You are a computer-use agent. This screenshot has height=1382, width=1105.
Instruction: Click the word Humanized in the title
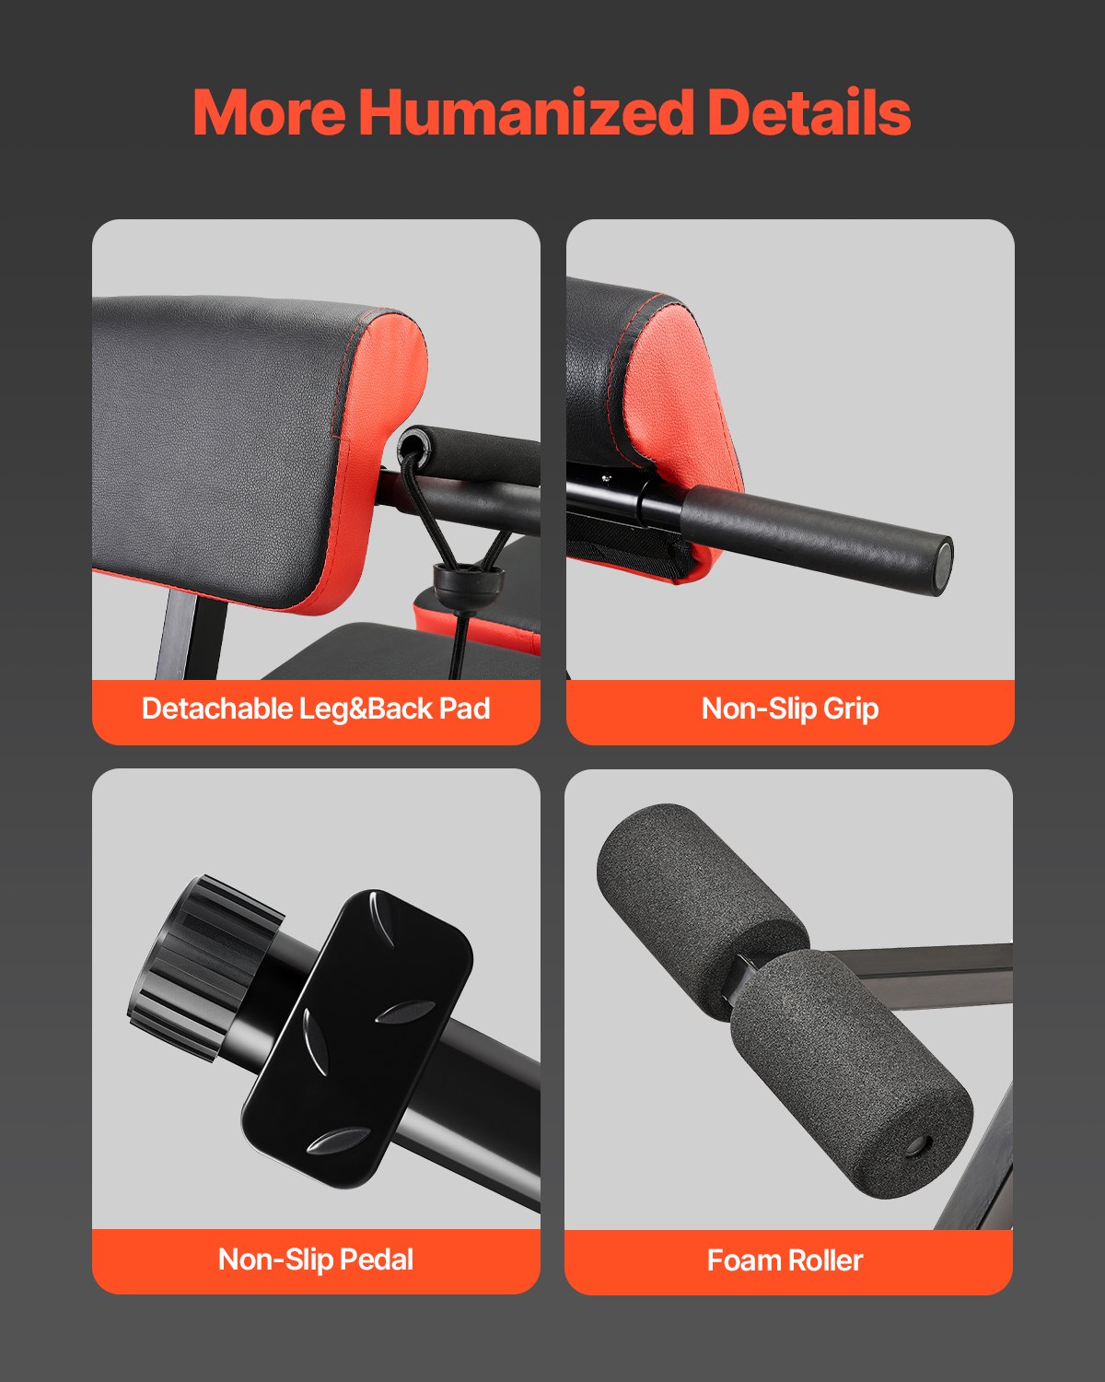point(525,112)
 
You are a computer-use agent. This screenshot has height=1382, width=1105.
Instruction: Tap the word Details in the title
point(808,112)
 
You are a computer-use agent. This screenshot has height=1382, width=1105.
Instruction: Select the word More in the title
point(269,112)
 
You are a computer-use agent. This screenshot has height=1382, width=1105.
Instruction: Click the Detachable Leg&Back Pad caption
point(316,709)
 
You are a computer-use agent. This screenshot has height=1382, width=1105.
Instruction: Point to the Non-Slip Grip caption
point(790,709)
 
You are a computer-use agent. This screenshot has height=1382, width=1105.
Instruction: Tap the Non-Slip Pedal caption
point(316,1259)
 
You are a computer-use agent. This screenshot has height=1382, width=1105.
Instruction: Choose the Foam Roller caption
point(785,1260)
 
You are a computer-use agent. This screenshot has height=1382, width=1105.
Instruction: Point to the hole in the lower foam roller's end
point(916,1146)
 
